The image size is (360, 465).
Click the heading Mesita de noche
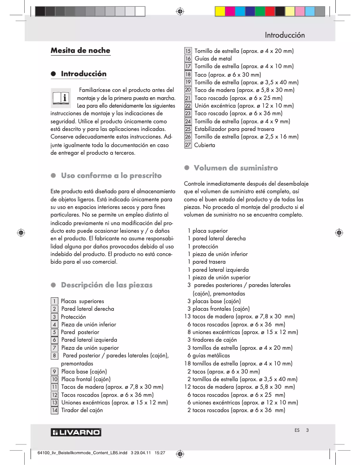point(80,51)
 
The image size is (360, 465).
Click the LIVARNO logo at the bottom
point(76,432)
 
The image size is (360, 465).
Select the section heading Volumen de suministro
point(236,168)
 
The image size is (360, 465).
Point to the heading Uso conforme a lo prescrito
point(111,175)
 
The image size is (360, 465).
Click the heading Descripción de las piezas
point(106,285)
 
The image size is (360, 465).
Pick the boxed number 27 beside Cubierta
point(188,145)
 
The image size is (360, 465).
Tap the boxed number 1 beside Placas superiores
point(54,301)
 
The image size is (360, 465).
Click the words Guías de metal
point(213,59)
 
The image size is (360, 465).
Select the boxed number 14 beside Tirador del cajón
point(54,410)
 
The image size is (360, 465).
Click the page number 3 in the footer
point(307,430)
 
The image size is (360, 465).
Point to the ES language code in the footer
point(297,430)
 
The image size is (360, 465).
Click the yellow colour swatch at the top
point(220,11)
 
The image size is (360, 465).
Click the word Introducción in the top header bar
point(285,35)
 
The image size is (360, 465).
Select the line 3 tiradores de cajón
point(212,340)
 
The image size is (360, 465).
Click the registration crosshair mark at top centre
point(180,11)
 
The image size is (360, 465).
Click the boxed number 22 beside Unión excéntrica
point(188,106)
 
